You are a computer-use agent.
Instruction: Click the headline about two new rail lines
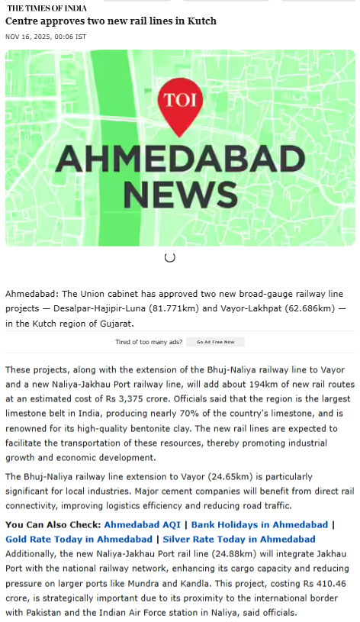111,21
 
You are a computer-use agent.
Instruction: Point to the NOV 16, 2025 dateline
46,36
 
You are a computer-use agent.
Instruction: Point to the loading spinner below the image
170,257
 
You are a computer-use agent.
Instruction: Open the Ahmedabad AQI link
143,525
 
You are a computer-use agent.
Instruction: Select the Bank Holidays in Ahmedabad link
259,525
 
